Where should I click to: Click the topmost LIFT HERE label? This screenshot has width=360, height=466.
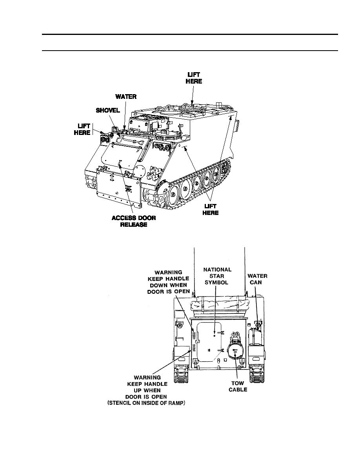point(195,78)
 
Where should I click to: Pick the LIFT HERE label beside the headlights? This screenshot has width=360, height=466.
point(82,129)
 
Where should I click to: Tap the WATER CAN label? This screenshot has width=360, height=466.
point(258,279)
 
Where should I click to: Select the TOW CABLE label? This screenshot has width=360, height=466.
point(238,386)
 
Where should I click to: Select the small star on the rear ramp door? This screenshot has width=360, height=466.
point(214,336)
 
